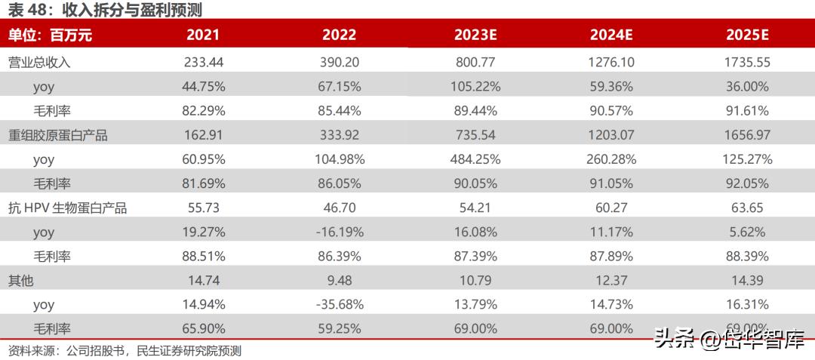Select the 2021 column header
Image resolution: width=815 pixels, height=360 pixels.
(x=203, y=35)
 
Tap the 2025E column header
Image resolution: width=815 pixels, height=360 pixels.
(x=747, y=35)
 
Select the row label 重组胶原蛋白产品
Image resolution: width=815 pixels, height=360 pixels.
(x=58, y=136)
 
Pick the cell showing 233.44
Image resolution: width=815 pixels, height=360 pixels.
(x=203, y=63)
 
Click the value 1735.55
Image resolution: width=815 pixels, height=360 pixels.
(x=747, y=63)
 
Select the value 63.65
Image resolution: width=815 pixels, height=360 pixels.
(x=747, y=208)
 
